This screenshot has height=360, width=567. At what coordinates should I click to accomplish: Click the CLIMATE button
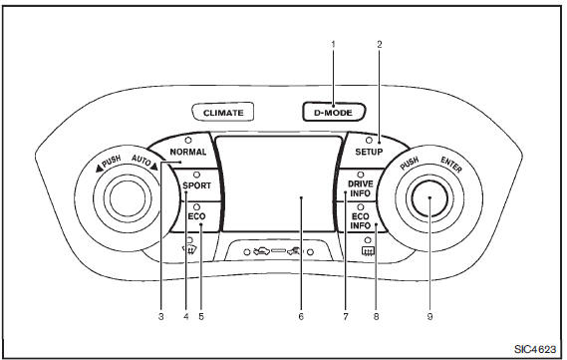tap(222, 112)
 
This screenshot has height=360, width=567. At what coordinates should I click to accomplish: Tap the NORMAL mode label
tap(188, 152)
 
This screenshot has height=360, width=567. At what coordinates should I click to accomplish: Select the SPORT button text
tap(196, 185)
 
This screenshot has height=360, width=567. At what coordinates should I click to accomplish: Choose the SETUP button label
tap(369, 152)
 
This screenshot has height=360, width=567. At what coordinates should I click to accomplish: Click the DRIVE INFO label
tap(360, 188)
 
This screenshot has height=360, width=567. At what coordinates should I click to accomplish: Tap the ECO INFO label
tap(361, 221)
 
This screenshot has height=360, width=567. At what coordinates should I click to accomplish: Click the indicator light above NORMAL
tap(188, 140)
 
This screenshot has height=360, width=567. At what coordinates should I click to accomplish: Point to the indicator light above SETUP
tap(369, 140)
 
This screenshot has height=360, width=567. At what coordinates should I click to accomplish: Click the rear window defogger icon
tap(368, 251)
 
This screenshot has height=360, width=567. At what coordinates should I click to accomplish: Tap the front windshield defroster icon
tap(191, 249)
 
